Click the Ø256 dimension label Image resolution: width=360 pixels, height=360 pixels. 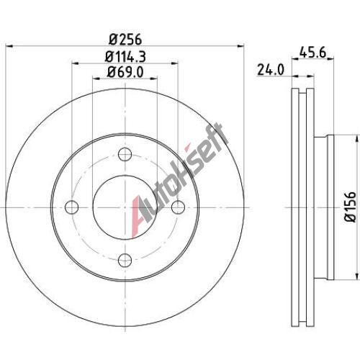point(125,40)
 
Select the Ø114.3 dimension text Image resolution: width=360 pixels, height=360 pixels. point(125,57)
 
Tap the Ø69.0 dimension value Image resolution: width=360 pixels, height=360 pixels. point(125,72)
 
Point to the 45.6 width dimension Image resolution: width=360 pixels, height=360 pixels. point(313,52)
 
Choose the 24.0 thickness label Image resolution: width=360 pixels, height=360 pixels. point(271,70)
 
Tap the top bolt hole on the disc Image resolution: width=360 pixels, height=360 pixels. point(125,154)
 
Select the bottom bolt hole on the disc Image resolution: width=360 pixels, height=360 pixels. point(125,260)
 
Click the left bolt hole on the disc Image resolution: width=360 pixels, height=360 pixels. point(72,207)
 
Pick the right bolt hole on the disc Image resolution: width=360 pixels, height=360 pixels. point(178,207)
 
